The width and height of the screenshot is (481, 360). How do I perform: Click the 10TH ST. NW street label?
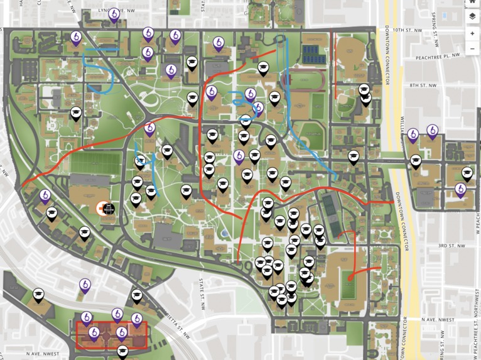pos(405,30)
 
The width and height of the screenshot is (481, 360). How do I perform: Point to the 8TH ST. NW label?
pos(423,85)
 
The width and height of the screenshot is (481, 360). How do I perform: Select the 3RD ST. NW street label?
pos(450,245)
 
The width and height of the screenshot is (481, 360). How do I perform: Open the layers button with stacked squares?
pos(472,16)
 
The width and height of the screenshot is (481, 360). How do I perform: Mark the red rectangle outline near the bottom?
pos(111,335)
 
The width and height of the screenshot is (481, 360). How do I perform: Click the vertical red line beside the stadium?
pos(333,60)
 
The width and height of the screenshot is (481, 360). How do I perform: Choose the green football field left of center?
pos(95,163)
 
